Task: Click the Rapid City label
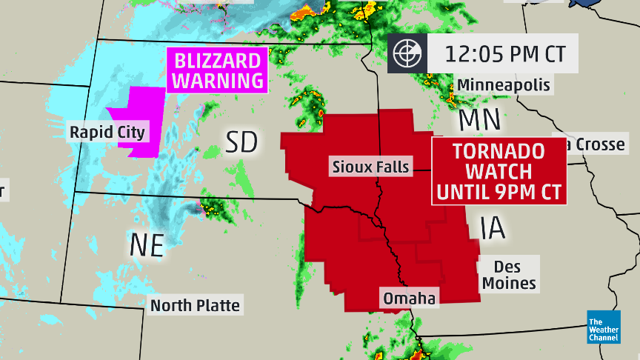tap(107, 133)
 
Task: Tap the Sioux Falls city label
tap(371, 167)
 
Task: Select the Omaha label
tap(408, 299)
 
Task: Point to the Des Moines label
tap(508, 274)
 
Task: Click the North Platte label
tap(195, 305)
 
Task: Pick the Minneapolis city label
tap(504, 85)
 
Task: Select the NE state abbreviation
tap(147, 244)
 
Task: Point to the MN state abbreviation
tap(481, 119)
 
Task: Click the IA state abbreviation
tap(492, 227)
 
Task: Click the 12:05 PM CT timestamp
tap(504, 53)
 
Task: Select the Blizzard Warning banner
tap(218, 70)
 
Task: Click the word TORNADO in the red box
tap(499, 152)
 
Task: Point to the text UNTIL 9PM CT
tap(499, 193)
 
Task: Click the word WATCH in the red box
tap(499, 172)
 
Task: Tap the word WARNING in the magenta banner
tap(218, 80)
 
